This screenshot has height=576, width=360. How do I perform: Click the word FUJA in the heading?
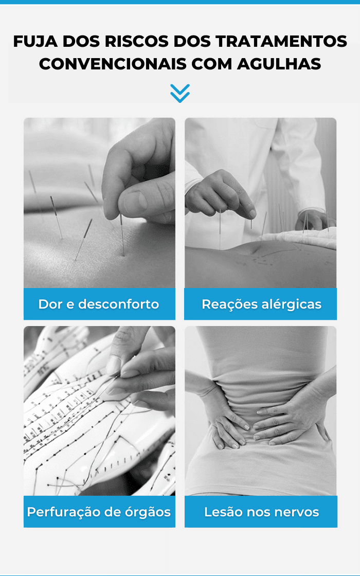click(35, 41)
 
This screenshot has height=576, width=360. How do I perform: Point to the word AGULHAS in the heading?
click(279, 64)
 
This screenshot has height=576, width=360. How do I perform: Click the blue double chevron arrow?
click(180, 93)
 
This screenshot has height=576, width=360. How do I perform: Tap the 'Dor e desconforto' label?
click(99, 304)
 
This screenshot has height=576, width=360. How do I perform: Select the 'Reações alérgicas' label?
click(262, 304)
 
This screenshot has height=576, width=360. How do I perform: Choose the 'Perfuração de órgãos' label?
click(99, 512)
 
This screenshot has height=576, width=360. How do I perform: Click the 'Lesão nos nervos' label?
click(262, 512)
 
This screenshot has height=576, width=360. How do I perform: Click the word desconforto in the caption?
click(119, 304)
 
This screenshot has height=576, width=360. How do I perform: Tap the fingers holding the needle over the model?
click(121, 371)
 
